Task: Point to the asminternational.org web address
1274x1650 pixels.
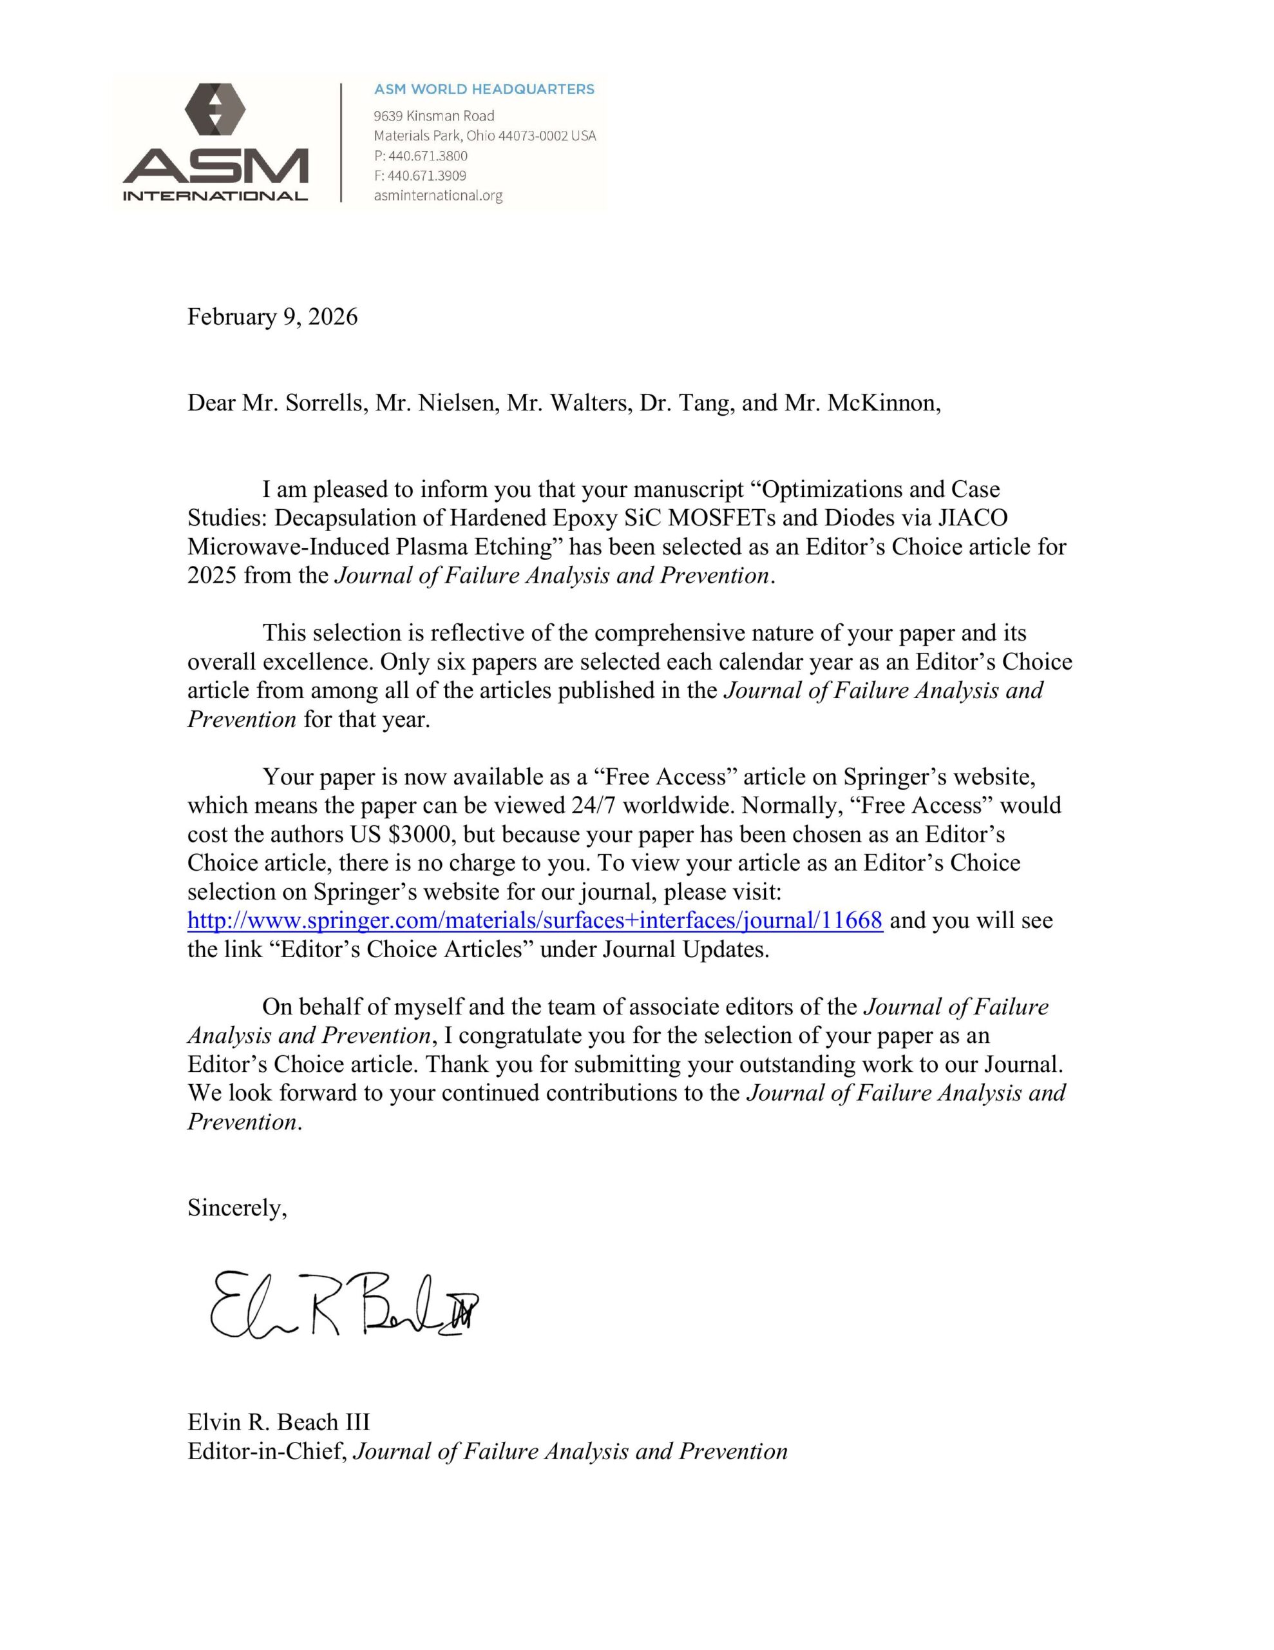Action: coord(438,196)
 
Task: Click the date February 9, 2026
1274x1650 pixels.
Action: coord(272,316)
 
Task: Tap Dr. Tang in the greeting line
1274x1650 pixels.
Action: coord(687,403)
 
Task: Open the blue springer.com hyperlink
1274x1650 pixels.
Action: coord(535,920)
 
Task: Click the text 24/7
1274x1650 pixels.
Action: coord(591,806)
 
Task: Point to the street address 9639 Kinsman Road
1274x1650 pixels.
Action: coord(433,115)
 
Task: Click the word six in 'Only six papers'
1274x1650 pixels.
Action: coord(446,662)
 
